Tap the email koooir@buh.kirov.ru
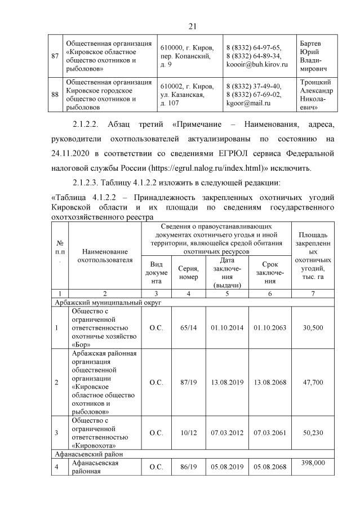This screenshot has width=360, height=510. pyautogui.click(x=256, y=65)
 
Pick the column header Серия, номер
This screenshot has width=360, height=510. pyautogui.click(x=188, y=273)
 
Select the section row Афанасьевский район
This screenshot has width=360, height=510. pyautogui.click(x=90, y=453)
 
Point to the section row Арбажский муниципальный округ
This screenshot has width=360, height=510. pyautogui.click(x=108, y=302)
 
